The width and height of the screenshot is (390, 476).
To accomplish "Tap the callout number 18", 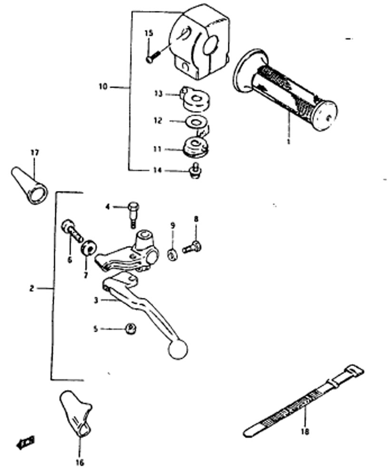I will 305,432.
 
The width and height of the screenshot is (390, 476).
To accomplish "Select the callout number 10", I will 103,87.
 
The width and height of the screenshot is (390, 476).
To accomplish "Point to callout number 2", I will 31,288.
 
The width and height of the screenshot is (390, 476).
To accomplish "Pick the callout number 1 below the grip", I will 288,141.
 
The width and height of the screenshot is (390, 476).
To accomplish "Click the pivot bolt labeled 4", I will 133,212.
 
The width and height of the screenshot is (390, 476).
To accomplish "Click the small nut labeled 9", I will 172,253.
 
